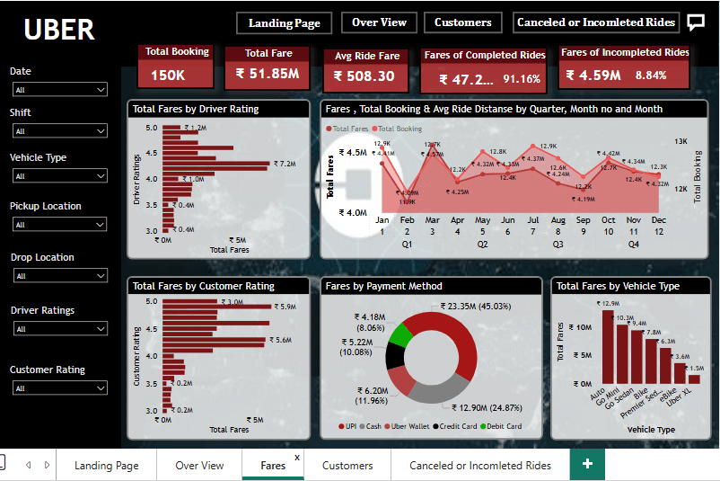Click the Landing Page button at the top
285,22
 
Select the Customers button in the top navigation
463,22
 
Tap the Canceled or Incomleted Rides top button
596,22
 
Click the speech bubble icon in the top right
696,22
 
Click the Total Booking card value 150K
168,76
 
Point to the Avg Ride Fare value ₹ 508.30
364,77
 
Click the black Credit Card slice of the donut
393,355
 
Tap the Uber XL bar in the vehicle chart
694,379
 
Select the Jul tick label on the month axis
532,220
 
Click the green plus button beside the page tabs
587,464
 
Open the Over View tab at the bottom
199,466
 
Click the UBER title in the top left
59,30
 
